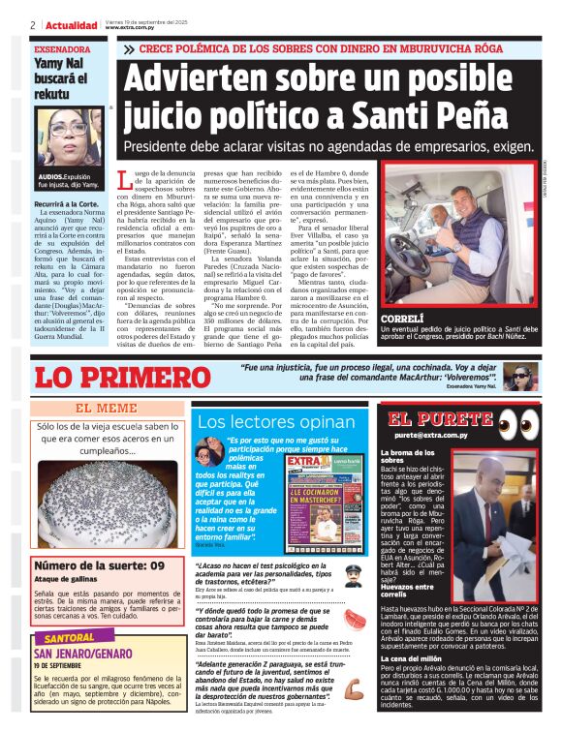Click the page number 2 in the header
click(x=33, y=24)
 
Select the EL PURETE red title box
click(x=426, y=419)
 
